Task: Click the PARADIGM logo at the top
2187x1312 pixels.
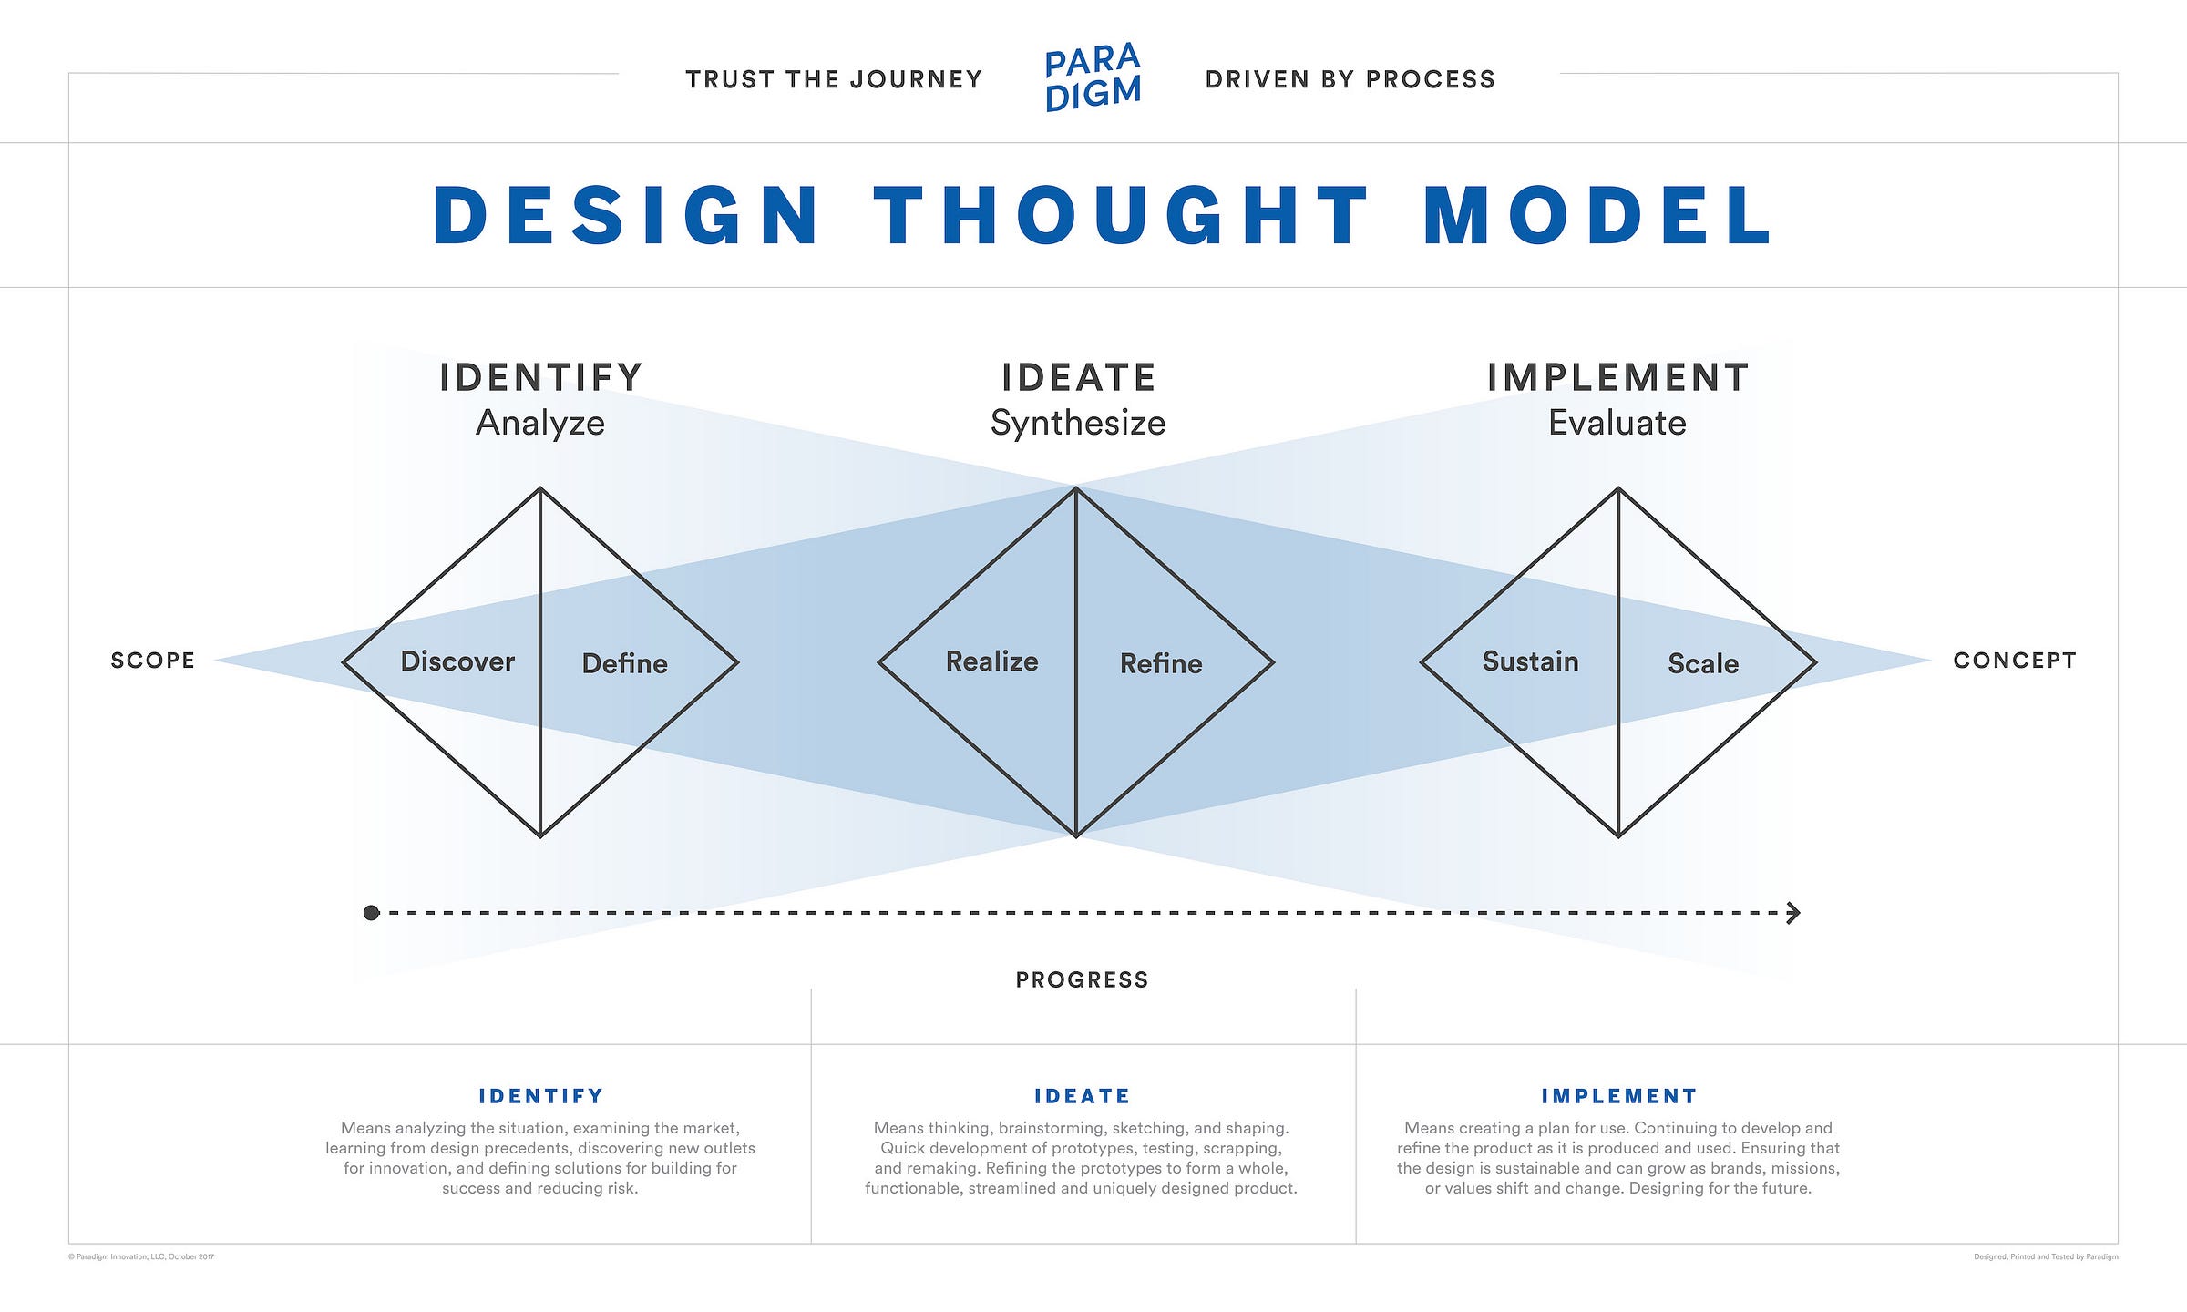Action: click(x=1093, y=77)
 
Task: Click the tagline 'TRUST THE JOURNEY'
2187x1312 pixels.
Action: click(x=834, y=80)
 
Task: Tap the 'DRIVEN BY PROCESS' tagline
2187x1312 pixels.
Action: click(x=1350, y=80)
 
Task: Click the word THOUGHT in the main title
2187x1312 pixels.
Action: click(x=1122, y=216)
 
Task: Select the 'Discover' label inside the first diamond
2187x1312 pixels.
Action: click(x=457, y=661)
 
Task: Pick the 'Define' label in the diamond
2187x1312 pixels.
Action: click(x=625, y=663)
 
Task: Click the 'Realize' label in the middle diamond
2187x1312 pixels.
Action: click(x=992, y=661)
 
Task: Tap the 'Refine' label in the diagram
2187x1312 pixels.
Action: click(x=1161, y=663)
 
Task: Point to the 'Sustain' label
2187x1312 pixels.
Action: click(x=1531, y=661)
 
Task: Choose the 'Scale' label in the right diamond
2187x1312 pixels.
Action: click(x=1703, y=663)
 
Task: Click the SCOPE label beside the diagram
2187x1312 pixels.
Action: click(x=153, y=661)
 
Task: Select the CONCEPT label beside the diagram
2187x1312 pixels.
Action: click(x=2015, y=661)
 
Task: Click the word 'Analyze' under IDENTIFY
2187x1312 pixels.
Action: click(x=540, y=423)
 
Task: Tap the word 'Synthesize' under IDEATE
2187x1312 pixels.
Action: click(x=1078, y=423)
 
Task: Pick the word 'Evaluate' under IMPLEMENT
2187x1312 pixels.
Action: click(x=1617, y=423)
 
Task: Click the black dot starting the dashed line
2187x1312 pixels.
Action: click(x=371, y=913)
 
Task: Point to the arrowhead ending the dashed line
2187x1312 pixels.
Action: click(x=1793, y=913)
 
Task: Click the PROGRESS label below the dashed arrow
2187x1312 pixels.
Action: click(x=1083, y=980)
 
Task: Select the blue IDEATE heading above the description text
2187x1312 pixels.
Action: click(x=1083, y=1096)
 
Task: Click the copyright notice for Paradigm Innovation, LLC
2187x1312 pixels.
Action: click(x=141, y=1257)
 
